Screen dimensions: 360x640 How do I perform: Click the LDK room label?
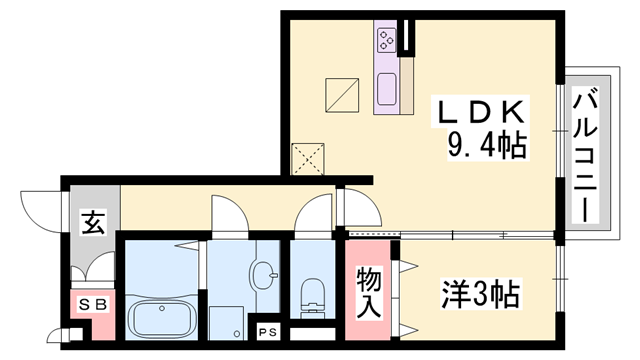click(x=478, y=113)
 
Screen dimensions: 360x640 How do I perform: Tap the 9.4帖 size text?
click(x=487, y=147)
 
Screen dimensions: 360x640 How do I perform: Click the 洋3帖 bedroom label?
click(x=481, y=295)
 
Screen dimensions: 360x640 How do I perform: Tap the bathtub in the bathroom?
click(x=163, y=319)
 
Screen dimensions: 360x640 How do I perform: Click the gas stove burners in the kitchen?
click(x=387, y=41)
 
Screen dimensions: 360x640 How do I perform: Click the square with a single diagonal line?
click(x=343, y=94)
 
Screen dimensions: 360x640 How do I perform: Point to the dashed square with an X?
click(x=305, y=158)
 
